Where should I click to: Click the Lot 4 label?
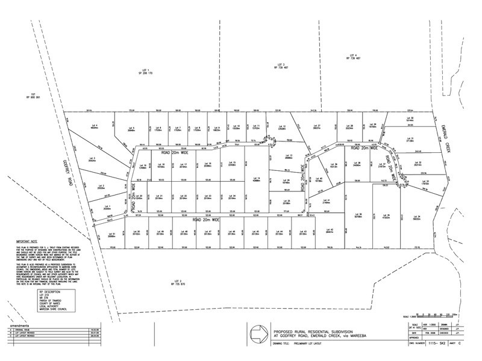click(x=94, y=126)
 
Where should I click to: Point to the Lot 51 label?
click(x=111, y=235)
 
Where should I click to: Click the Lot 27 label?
click(x=316, y=126)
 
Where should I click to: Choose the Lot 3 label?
click(x=91, y=160)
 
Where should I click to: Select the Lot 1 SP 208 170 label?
click(x=144, y=72)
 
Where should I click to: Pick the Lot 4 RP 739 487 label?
click(x=353, y=57)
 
